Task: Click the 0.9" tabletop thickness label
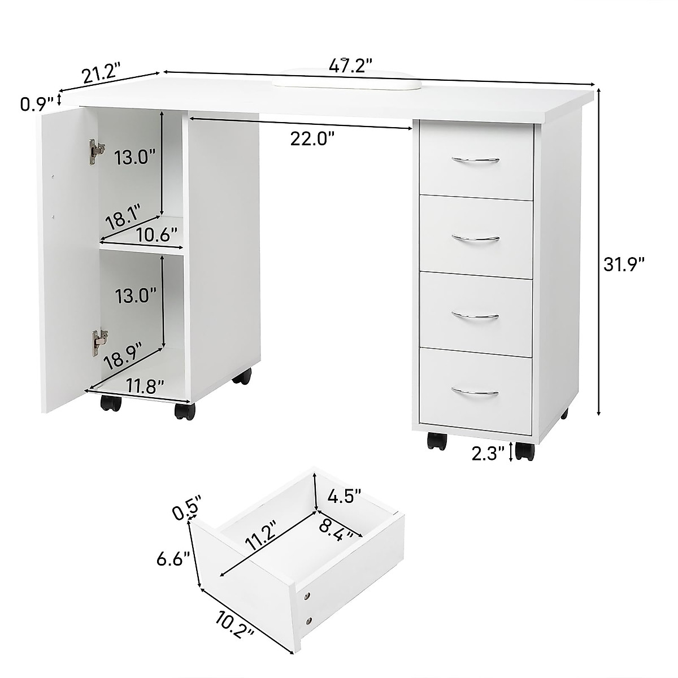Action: pyautogui.click(x=37, y=103)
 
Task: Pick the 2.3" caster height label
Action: pyautogui.click(x=488, y=454)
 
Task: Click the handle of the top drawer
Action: pyautogui.click(x=475, y=162)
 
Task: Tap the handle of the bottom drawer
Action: pyautogui.click(x=475, y=392)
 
